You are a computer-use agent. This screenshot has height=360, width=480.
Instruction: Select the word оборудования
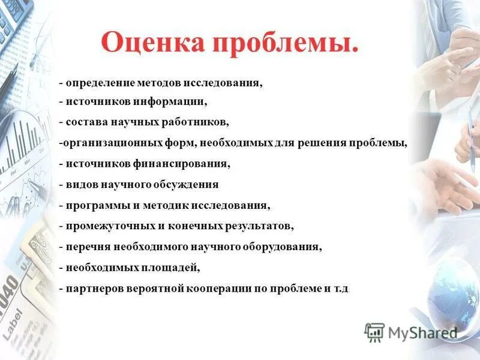pyautogui.click(x=280, y=247)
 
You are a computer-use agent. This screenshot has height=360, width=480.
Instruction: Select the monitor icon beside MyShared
pyautogui.click(x=374, y=332)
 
